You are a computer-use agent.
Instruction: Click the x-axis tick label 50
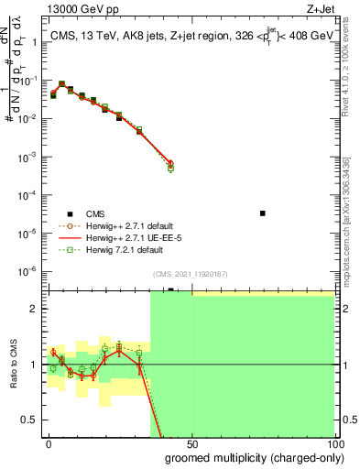click(191, 442)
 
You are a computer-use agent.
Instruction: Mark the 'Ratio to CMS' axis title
click(12, 364)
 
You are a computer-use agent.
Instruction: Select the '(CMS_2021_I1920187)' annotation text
click(190, 273)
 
